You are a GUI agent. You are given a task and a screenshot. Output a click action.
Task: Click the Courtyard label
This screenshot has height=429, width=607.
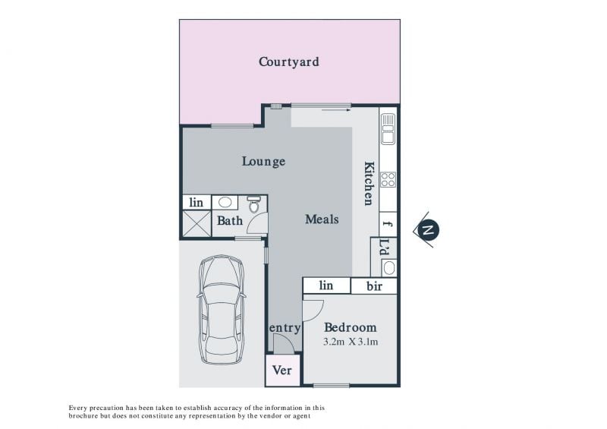click(x=289, y=62)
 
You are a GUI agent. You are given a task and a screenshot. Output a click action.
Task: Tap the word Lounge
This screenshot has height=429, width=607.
click(x=263, y=162)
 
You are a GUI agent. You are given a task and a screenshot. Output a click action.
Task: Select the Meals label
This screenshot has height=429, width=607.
click(x=322, y=219)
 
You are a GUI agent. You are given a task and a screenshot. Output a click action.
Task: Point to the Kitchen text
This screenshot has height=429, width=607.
click(x=370, y=183)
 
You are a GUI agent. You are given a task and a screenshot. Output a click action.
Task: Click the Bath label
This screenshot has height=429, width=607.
click(x=230, y=221)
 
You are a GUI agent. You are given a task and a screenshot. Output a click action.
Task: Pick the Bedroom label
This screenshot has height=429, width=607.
click(x=351, y=327)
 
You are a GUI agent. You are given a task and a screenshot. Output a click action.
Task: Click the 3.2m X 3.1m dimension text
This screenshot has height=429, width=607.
click(x=351, y=342)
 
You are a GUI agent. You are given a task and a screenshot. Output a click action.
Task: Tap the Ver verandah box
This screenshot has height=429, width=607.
click(x=282, y=370)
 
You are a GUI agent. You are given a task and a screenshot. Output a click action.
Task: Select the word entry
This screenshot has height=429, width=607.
click(x=285, y=328)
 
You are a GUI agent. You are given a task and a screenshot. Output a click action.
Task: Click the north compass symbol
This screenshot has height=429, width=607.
click(x=427, y=230)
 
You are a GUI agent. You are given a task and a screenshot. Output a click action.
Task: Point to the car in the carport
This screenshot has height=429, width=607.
click(x=222, y=310)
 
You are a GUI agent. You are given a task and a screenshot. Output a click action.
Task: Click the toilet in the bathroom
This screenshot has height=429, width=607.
click(x=254, y=204)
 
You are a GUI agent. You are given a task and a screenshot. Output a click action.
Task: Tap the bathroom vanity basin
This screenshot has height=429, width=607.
click(x=225, y=202)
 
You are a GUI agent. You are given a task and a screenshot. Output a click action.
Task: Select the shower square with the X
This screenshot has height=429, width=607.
click(x=197, y=223)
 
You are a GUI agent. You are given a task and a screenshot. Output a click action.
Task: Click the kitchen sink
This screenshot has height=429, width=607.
click(x=388, y=128)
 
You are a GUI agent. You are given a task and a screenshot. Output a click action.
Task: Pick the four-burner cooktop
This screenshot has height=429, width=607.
click(x=388, y=179)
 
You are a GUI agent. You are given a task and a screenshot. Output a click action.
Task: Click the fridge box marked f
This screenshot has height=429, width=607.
click(x=388, y=224)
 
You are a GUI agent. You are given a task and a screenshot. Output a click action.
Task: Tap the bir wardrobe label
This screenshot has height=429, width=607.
click(x=374, y=286)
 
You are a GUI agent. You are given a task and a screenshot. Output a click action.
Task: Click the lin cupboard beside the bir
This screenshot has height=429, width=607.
click(x=326, y=285)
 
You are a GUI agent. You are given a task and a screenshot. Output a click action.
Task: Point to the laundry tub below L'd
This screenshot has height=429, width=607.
click(x=388, y=267)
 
